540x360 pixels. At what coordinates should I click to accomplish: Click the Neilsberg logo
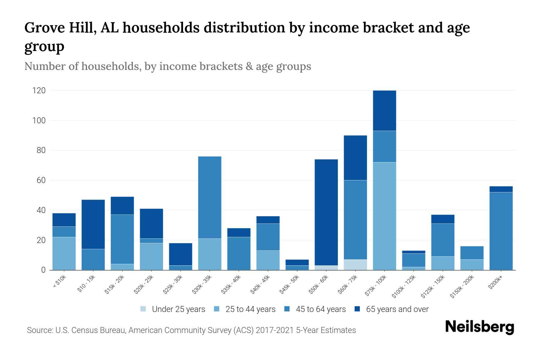(x=479, y=327)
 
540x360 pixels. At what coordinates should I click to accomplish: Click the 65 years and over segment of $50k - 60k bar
(x=326, y=212)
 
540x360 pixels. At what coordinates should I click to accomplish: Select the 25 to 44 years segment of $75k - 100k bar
(x=385, y=216)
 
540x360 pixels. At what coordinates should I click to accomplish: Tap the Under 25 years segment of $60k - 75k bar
(x=355, y=265)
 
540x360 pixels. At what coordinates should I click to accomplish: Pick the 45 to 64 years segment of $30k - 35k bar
(x=210, y=197)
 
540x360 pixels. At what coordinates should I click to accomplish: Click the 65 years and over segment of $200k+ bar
(x=501, y=189)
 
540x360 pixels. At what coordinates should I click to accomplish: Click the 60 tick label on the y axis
(x=41, y=180)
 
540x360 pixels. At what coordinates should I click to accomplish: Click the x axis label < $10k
(x=59, y=282)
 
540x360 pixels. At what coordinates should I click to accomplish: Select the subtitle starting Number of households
(x=168, y=66)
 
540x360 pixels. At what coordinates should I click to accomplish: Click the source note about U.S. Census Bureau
(x=191, y=330)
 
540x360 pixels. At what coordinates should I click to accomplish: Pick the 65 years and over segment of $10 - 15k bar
(x=93, y=224)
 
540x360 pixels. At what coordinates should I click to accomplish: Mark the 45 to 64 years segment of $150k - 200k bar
(x=472, y=253)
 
